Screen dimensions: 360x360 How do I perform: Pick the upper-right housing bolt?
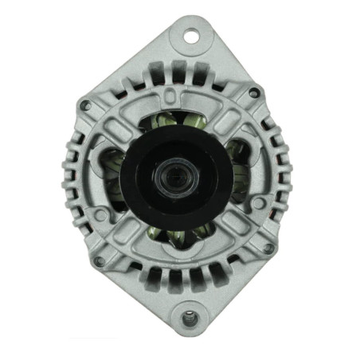coord(254,93)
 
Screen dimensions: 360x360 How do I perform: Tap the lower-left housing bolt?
coord(98,260)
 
